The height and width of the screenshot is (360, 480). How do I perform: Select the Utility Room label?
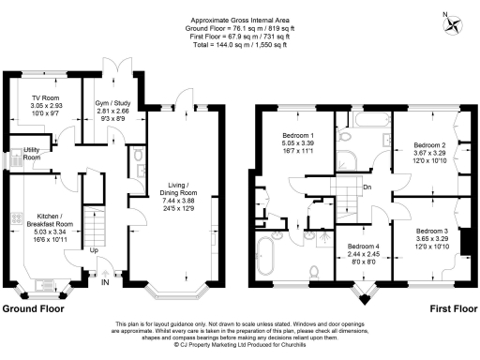click(32, 153)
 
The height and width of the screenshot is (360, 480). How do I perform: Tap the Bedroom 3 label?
click(433, 230)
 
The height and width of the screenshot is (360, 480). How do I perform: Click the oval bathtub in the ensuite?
click(267, 256)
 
